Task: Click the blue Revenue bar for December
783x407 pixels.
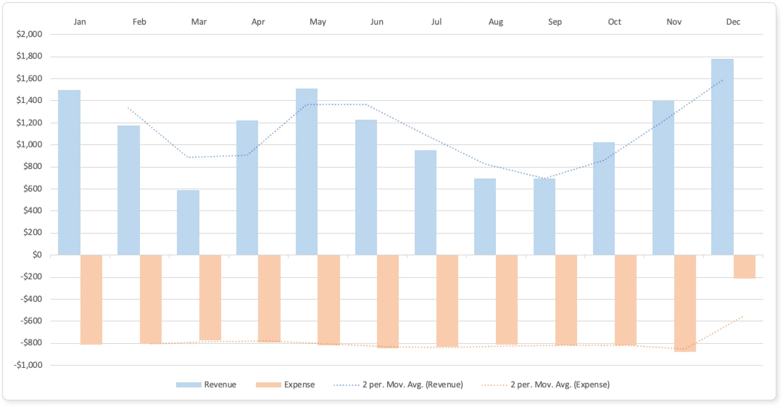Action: coord(722,157)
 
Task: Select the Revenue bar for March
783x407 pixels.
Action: coord(188,222)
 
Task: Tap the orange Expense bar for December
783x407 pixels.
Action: coord(745,267)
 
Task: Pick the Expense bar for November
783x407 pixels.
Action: coord(685,303)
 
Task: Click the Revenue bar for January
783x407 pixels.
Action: coord(69,172)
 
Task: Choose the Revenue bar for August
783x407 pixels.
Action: coord(485,217)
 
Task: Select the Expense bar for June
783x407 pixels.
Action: coord(388,301)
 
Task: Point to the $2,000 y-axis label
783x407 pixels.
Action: coord(29,34)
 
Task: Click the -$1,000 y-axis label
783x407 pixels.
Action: coord(28,365)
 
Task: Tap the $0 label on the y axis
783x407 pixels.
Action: coord(37,255)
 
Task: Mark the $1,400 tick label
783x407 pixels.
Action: coord(29,100)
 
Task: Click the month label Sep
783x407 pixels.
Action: coord(555,22)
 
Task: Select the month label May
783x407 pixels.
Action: coord(318,22)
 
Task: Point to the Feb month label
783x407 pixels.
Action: coord(139,22)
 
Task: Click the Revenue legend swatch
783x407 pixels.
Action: coord(188,385)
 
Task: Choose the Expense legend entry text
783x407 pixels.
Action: coord(299,385)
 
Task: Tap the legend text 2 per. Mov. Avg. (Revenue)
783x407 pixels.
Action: coord(413,385)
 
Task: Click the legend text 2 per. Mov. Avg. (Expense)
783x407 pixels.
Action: coord(560,385)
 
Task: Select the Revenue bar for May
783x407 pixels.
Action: coord(307,172)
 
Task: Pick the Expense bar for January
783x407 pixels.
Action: coord(91,300)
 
